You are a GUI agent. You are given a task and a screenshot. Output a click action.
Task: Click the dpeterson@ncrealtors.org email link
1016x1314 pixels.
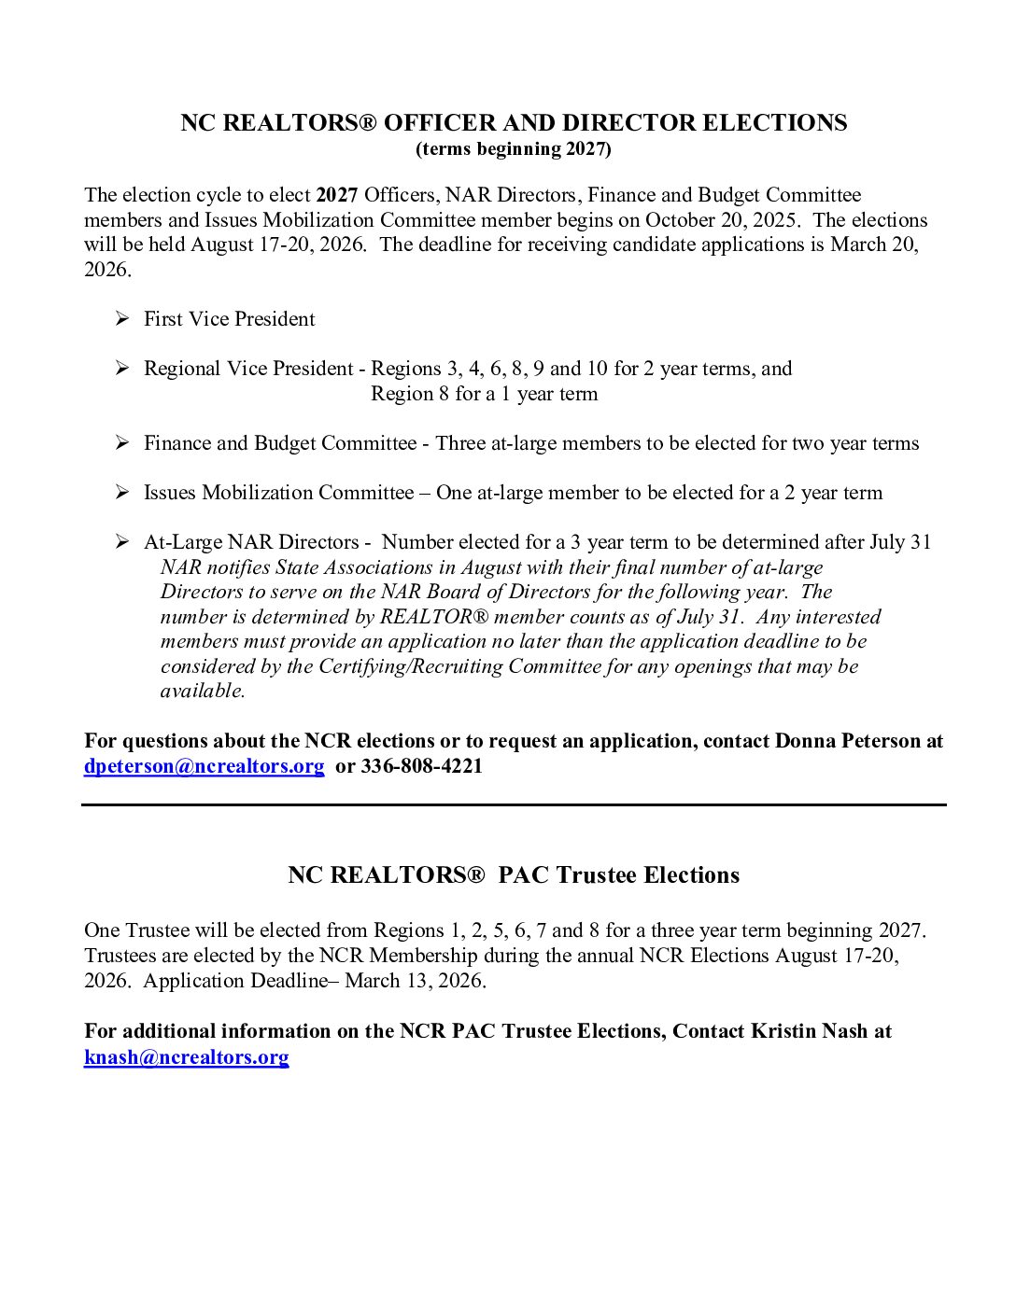(204, 766)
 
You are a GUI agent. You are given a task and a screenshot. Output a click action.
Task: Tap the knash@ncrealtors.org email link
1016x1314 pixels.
(186, 1056)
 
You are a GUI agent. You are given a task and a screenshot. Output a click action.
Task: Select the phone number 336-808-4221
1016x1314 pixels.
(421, 766)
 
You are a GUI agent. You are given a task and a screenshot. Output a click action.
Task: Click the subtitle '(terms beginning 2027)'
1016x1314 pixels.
(513, 149)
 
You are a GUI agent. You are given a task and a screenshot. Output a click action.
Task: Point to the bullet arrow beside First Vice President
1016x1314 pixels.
(122, 319)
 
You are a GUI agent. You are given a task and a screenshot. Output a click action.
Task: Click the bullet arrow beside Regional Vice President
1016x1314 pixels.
(122, 369)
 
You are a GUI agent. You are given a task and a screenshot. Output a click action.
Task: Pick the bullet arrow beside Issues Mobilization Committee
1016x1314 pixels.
(122, 493)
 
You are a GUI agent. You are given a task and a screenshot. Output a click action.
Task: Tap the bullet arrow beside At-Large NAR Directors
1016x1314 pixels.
(122, 542)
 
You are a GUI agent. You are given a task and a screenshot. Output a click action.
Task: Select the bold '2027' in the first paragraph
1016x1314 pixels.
(337, 195)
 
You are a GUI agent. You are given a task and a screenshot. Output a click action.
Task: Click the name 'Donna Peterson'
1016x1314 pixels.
(847, 741)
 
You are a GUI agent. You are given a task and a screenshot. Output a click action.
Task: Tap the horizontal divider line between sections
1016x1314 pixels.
(513, 804)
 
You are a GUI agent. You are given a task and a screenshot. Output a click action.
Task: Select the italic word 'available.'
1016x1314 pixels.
(203, 692)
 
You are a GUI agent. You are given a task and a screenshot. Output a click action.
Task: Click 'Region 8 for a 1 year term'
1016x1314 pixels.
(484, 394)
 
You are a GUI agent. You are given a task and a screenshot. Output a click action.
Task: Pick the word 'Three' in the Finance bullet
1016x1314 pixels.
(460, 443)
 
